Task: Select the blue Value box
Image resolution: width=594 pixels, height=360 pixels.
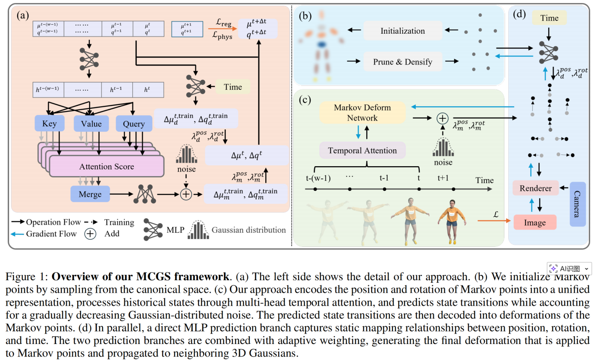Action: [x=91, y=124]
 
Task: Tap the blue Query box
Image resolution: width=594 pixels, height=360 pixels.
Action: [x=134, y=124]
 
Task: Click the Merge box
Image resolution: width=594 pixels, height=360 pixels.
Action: [x=90, y=194]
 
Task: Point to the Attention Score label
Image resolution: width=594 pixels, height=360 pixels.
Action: [x=107, y=166]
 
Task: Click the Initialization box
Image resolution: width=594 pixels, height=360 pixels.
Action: [x=402, y=31]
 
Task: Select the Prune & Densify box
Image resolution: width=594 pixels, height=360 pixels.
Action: [x=402, y=62]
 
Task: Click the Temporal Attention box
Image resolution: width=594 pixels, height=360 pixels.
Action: [x=362, y=151]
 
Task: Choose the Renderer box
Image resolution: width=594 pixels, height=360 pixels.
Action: [x=535, y=188]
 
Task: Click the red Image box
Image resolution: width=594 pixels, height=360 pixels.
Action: [x=535, y=222]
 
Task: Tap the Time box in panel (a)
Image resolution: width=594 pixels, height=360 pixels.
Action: [x=233, y=87]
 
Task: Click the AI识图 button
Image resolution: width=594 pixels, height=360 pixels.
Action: [x=569, y=268]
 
